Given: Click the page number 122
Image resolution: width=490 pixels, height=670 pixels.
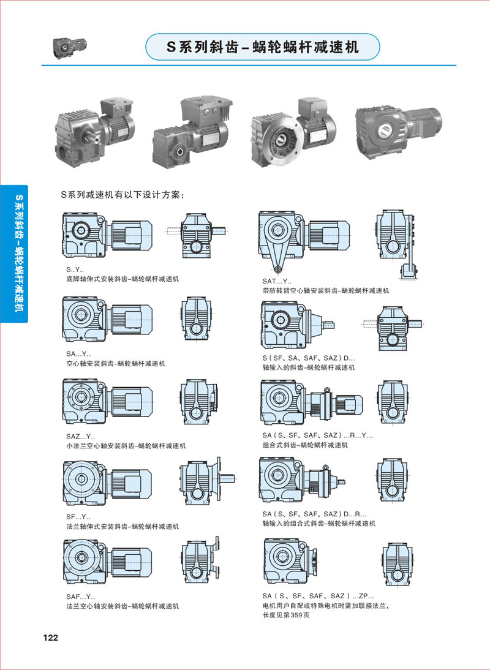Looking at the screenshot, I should point(50,638).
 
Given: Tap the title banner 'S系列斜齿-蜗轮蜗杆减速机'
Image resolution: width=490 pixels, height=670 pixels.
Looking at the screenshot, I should point(263,47).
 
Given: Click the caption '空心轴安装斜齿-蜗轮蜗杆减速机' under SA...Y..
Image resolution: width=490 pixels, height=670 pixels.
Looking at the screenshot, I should point(116,363).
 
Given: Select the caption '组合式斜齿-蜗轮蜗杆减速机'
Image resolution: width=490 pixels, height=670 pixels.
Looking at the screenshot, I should point(305,445).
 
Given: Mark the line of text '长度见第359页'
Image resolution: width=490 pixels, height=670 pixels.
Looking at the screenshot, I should point(286,615).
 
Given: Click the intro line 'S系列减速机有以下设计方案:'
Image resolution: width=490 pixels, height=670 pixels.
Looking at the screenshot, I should point(123,195).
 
